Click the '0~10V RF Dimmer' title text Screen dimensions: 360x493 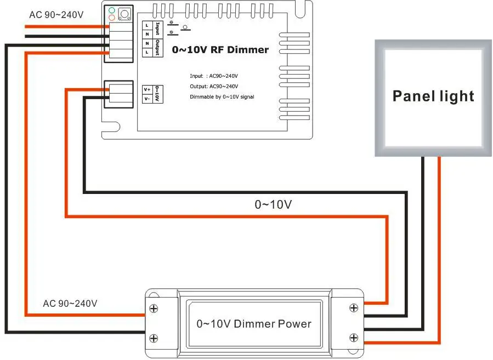click(220, 50)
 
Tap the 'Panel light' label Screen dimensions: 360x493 click(433, 96)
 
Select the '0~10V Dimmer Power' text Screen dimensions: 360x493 click(254, 323)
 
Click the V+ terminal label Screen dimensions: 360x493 click(147, 89)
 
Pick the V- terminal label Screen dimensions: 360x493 click(147, 98)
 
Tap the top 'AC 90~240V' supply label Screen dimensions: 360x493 click(56, 14)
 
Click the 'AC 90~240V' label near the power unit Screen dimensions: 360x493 click(70, 303)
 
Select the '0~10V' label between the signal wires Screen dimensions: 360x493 click(273, 204)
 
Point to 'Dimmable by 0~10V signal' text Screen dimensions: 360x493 click(222, 97)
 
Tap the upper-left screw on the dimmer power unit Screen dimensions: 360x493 click(154, 310)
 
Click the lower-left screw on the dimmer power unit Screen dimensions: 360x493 click(154, 338)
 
